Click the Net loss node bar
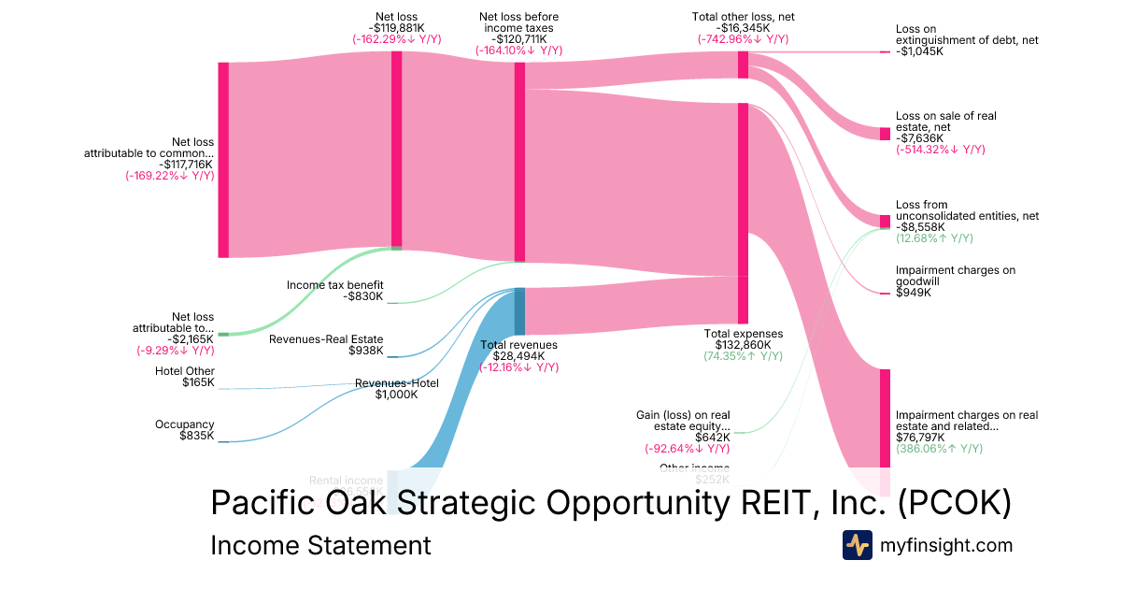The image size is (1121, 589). click(396, 150)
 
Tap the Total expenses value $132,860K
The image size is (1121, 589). click(744, 345)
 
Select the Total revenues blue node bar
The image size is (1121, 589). click(519, 311)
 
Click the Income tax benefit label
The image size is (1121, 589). click(335, 285)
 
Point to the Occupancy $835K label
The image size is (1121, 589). click(185, 430)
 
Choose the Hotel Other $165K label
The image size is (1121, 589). click(184, 376)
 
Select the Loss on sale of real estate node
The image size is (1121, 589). click(885, 134)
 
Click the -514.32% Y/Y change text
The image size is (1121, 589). click(940, 150)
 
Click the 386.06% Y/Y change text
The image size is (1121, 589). click(939, 449)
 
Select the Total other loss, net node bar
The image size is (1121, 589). click(744, 65)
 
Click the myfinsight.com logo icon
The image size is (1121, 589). click(857, 544)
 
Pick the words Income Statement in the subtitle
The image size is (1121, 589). click(320, 545)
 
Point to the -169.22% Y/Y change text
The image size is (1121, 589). click(169, 175)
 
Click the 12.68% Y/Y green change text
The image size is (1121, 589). click(934, 238)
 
